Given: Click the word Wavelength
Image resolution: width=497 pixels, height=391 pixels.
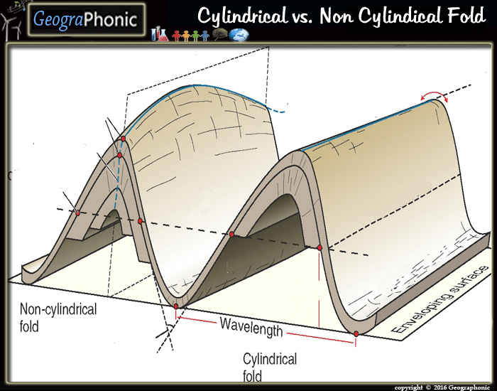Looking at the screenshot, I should (x=251, y=327).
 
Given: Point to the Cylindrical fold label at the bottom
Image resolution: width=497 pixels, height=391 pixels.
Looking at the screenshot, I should (x=270, y=367).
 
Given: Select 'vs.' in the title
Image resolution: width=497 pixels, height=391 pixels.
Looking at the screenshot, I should (x=308, y=16).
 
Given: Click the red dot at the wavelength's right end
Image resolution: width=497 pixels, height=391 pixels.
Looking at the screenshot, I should (x=356, y=333).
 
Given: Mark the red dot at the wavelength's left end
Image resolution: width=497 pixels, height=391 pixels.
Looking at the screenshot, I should (x=176, y=306).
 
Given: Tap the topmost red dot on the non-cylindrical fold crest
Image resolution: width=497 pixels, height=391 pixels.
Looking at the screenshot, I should (x=123, y=139).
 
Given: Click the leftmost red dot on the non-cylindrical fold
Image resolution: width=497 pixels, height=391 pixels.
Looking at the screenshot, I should (x=78, y=211).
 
